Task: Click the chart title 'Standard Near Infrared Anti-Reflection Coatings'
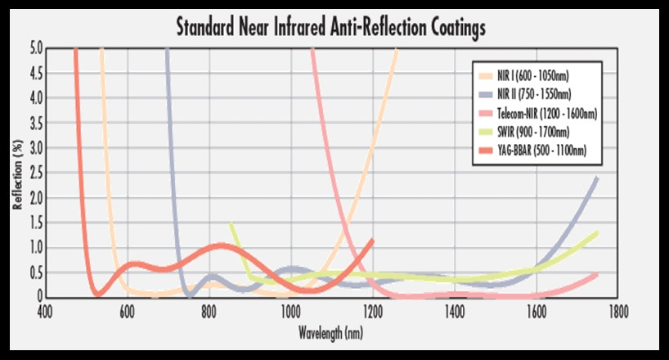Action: click(x=331, y=26)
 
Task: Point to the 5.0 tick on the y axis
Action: click(x=34, y=48)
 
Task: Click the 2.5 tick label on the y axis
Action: click(x=34, y=173)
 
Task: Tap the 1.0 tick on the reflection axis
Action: click(x=34, y=248)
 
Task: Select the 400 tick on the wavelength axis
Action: click(x=45, y=312)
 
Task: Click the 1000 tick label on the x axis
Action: click(x=290, y=312)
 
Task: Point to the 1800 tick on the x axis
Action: click(x=617, y=312)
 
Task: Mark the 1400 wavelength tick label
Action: click(x=454, y=312)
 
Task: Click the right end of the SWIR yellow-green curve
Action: click(x=597, y=233)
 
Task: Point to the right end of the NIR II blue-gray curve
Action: click(x=597, y=178)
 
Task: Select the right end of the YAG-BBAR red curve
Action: click(x=372, y=240)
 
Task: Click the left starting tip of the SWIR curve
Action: click(x=231, y=224)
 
